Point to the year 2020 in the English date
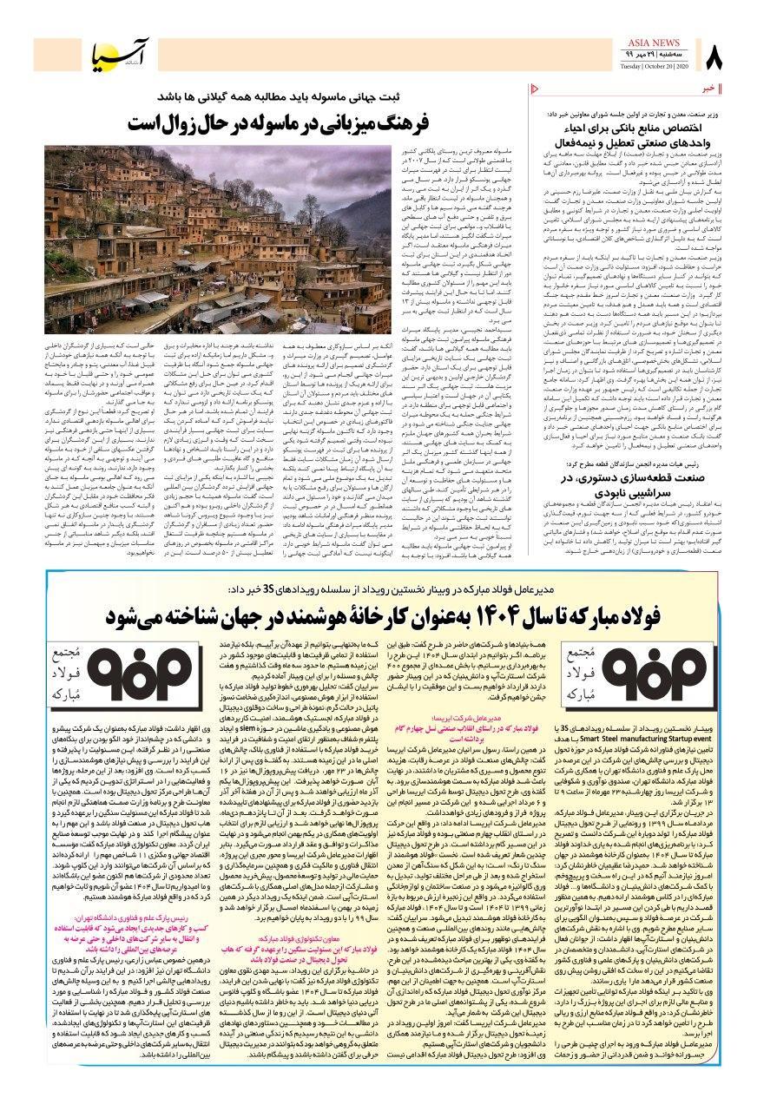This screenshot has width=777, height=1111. coord(681,69)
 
